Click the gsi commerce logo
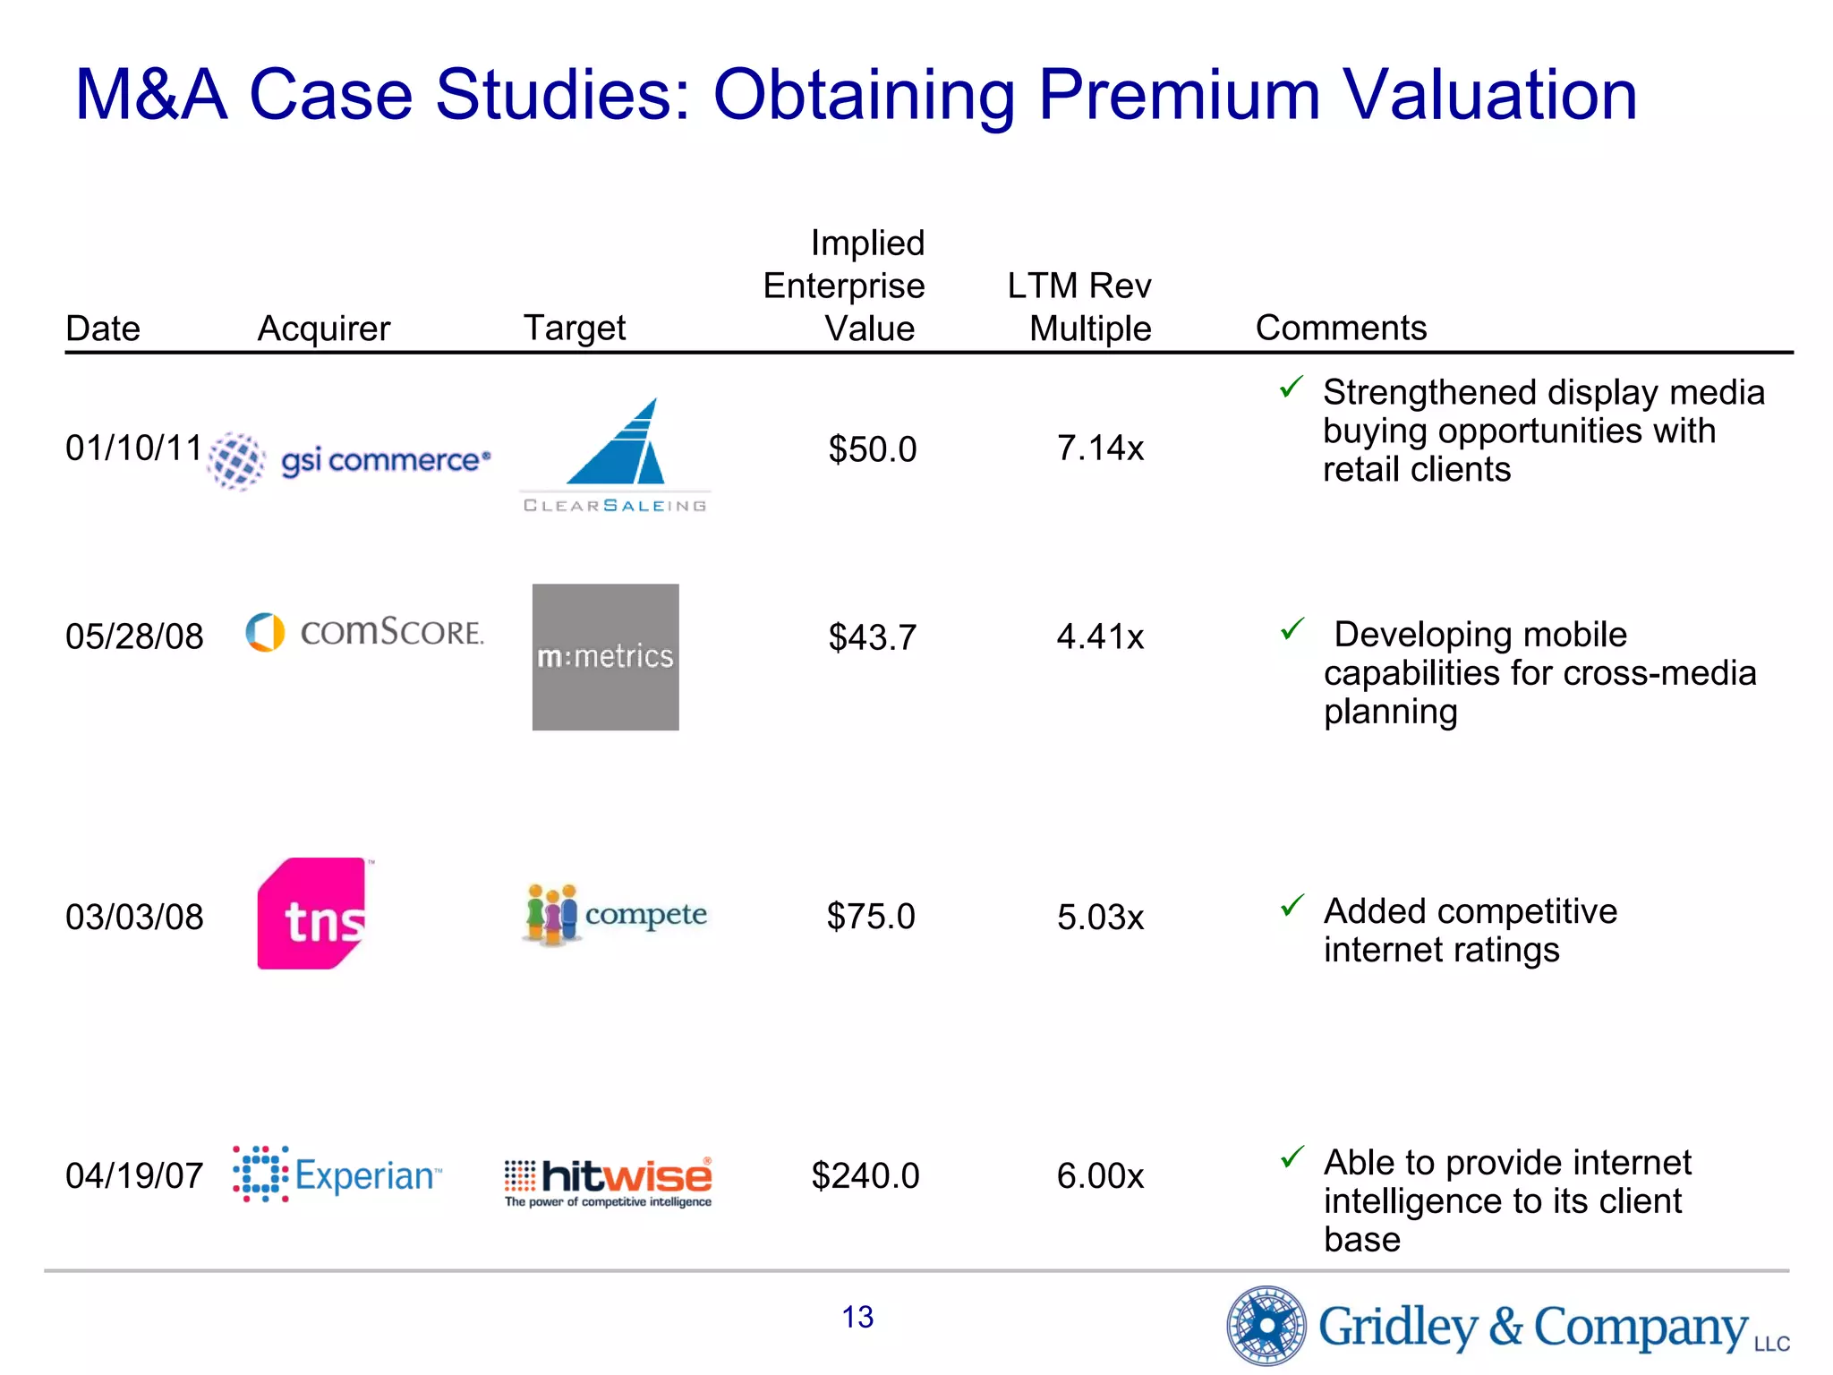point(350,460)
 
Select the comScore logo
point(364,632)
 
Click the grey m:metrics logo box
point(605,657)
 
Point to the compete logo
point(615,915)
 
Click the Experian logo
point(337,1174)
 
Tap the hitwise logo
point(609,1181)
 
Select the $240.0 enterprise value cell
point(865,1175)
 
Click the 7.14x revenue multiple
point(1100,448)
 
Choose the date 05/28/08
point(134,636)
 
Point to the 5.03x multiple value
point(1100,917)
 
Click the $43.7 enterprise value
point(872,637)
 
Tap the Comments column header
point(1340,328)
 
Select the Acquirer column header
point(324,329)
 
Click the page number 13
point(857,1317)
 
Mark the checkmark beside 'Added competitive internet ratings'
point(1292,906)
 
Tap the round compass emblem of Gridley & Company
point(1266,1325)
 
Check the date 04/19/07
point(134,1175)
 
